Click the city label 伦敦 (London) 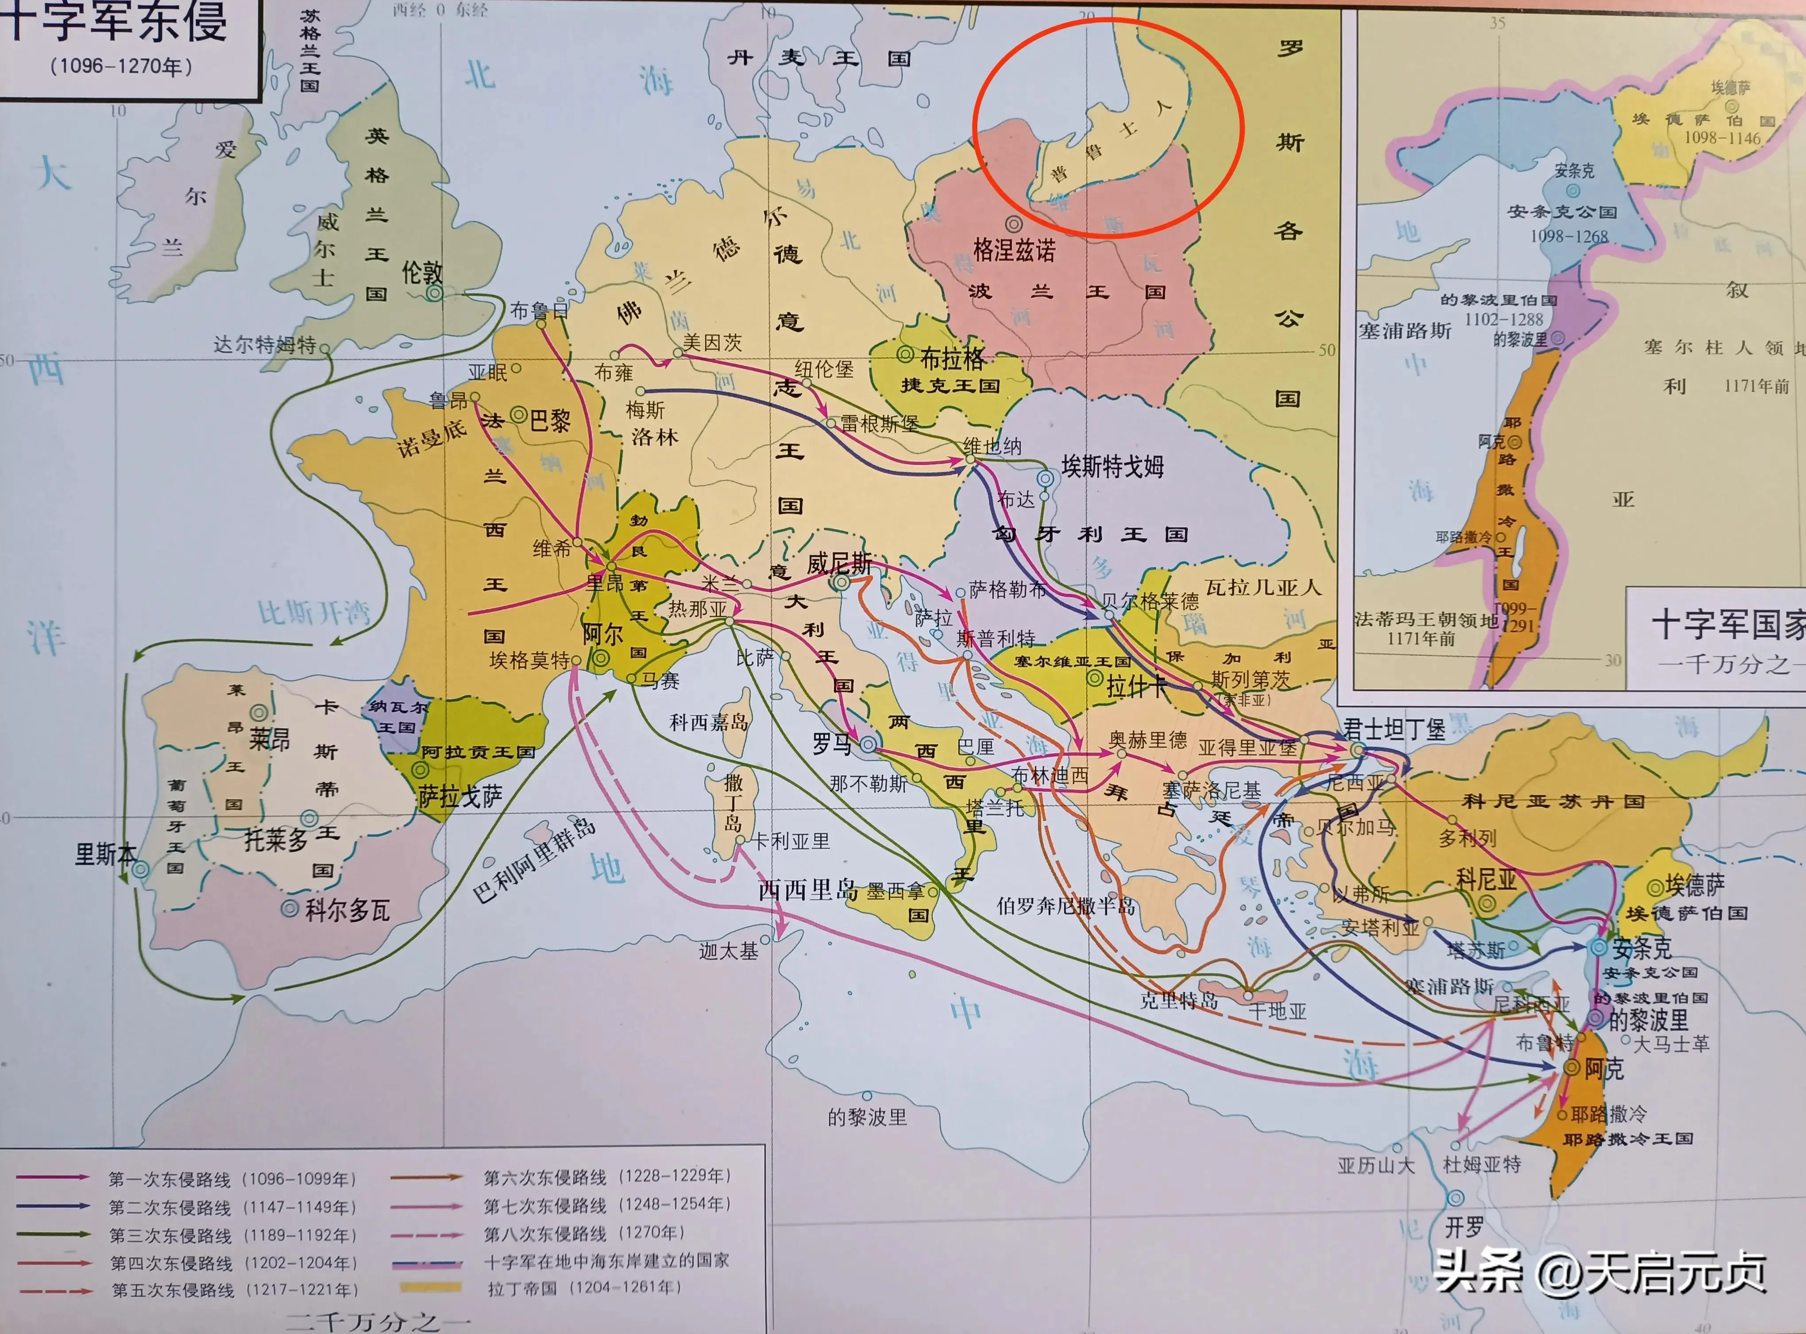click(x=422, y=272)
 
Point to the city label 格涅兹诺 click(x=1014, y=250)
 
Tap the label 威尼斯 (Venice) click(x=840, y=564)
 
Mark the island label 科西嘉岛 click(x=709, y=722)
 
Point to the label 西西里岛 click(x=807, y=890)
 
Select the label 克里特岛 click(x=1179, y=1001)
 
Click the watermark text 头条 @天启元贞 click(x=1598, y=1272)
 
